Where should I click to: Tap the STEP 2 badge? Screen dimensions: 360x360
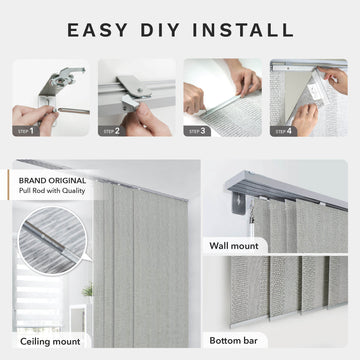point(112,130)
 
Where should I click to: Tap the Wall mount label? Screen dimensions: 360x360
point(235,243)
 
